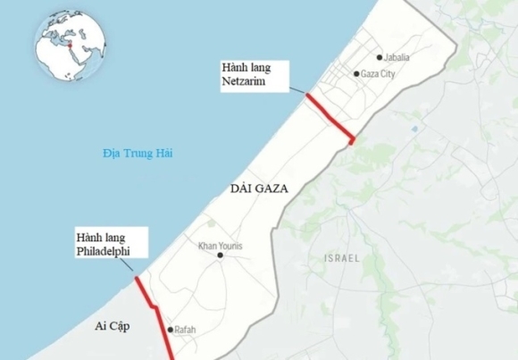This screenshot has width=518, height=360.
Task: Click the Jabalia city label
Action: (x=397, y=57)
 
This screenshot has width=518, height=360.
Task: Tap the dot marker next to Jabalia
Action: (x=379, y=57)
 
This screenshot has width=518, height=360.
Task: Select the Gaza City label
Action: (x=379, y=74)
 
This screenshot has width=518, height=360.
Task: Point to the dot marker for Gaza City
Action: (x=356, y=74)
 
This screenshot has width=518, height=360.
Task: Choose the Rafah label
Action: (x=185, y=330)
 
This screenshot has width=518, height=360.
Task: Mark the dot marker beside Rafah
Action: (x=169, y=330)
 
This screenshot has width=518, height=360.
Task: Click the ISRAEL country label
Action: (x=341, y=258)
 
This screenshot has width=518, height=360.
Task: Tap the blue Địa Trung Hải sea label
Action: (x=136, y=155)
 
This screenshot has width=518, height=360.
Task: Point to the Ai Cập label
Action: (x=113, y=327)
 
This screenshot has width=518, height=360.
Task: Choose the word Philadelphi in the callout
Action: (x=104, y=253)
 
